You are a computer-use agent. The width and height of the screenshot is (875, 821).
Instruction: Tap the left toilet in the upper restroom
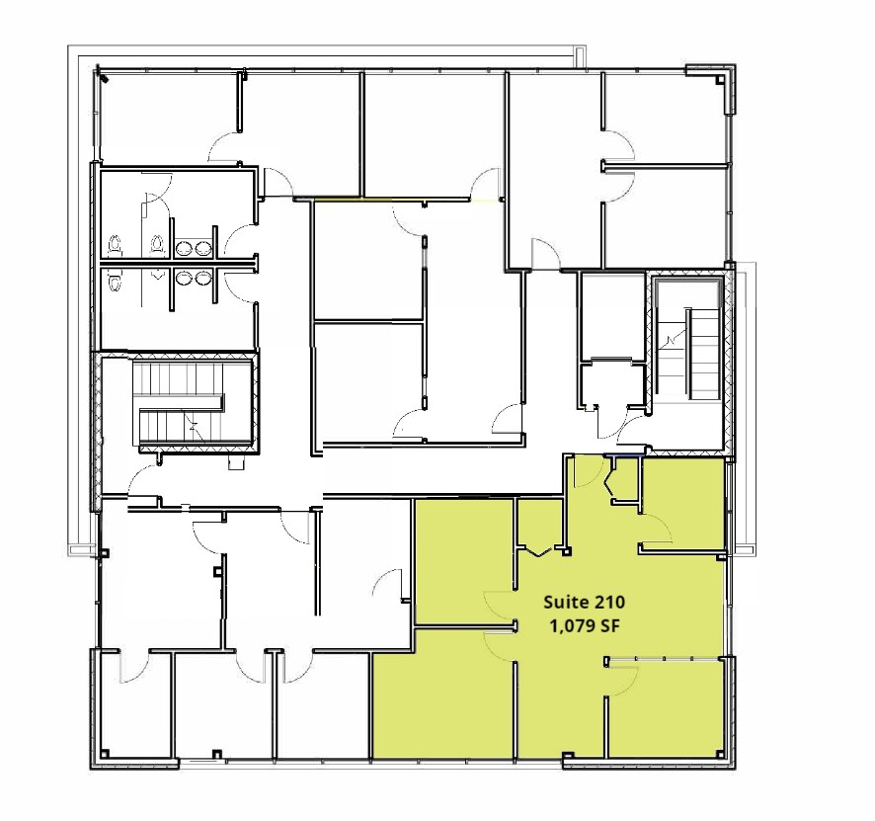pyautogui.click(x=115, y=244)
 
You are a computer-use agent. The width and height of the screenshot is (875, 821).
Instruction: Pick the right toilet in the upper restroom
pyautogui.click(x=156, y=243)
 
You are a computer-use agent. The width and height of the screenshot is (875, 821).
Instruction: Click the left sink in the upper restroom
pyautogui.click(x=184, y=249)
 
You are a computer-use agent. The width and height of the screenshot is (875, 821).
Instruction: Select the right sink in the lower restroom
pyautogui.click(x=203, y=278)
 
